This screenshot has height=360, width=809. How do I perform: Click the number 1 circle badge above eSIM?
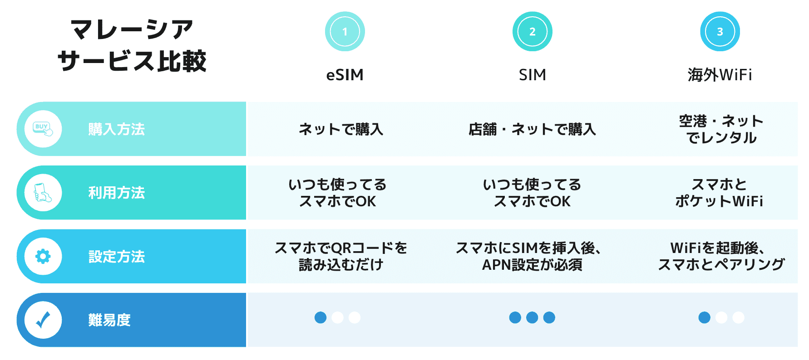[345, 31]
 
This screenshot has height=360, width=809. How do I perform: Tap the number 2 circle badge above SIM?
[532, 31]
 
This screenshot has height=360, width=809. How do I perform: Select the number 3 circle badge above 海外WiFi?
[720, 31]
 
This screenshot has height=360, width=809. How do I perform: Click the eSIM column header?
[345, 75]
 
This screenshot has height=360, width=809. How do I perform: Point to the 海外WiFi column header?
[720, 75]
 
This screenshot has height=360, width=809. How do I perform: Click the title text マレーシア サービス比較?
[132, 45]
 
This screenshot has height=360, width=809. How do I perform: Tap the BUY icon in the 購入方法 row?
[43, 129]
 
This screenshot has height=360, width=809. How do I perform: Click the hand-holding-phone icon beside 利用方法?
[43, 193]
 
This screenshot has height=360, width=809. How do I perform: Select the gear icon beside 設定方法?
[43, 256]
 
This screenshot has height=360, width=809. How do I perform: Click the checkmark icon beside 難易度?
[43, 320]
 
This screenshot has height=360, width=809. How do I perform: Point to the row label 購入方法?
[117, 129]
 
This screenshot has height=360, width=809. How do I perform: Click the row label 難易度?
[109, 320]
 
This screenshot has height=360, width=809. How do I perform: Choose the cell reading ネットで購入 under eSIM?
[341, 129]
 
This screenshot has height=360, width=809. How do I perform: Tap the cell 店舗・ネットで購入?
[532, 129]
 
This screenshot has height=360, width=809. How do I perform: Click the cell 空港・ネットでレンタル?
[721, 129]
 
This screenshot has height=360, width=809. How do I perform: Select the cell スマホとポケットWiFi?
[719, 193]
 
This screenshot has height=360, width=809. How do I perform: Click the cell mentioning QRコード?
[341, 256]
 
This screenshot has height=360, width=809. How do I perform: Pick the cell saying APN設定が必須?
[532, 256]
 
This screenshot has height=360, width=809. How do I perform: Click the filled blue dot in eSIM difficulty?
[321, 317]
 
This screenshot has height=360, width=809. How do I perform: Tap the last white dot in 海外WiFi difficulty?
[738, 317]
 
